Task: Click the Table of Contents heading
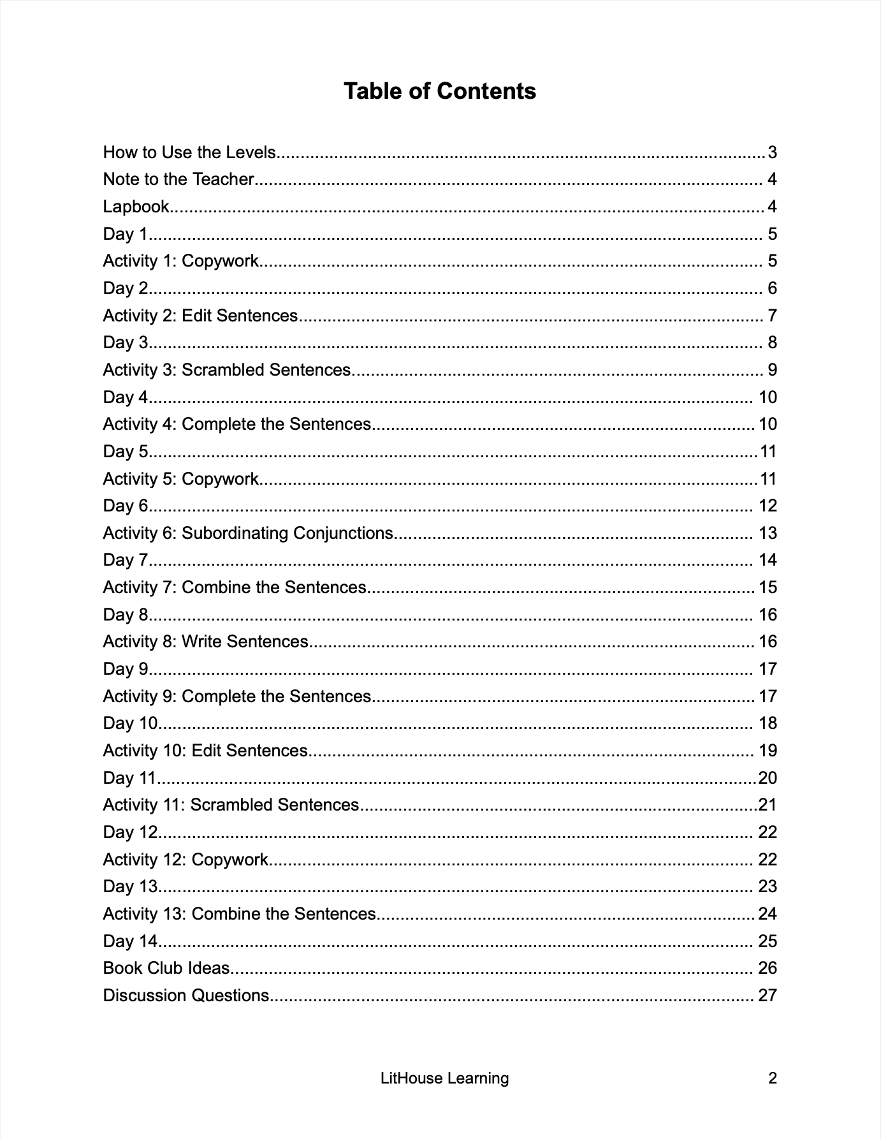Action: pyautogui.click(x=440, y=91)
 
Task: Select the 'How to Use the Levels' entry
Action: pyautogui.click(x=189, y=152)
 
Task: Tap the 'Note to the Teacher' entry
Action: pyautogui.click(x=178, y=179)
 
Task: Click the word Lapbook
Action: pyautogui.click(x=136, y=207)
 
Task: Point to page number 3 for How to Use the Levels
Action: pyautogui.click(x=772, y=152)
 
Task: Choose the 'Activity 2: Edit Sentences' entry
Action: pyautogui.click(x=200, y=316)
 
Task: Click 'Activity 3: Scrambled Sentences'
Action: pyautogui.click(x=226, y=370)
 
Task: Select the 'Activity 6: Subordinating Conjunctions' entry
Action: pyautogui.click(x=248, y=533)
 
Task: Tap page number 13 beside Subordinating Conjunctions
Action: pyautogui.click(x=768, y=533)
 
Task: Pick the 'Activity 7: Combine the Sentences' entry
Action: pyautogui.click(x=235, y=587)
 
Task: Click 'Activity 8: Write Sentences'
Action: pyautogui.click(x=205, y=642)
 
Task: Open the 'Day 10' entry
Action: pyautogui.click(x=130, y=723)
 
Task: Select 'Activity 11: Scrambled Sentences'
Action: pyautogui.click(x=231, y=805)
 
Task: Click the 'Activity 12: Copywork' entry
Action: pyautogui.click(x=186, y=860)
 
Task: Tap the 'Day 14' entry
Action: pyautogui.click(x=130, y=941)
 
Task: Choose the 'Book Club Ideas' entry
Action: pyautogui.click(x=166, y=968)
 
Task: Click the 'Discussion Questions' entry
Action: pyautogui.click(x=186, y=996)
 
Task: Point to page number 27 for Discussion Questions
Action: pyautogui.click(x=768, y=996)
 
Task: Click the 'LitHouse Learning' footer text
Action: pyautogui.click(x=444, y=1078)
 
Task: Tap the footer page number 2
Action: pyautogui.click(x=773, y=1078)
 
